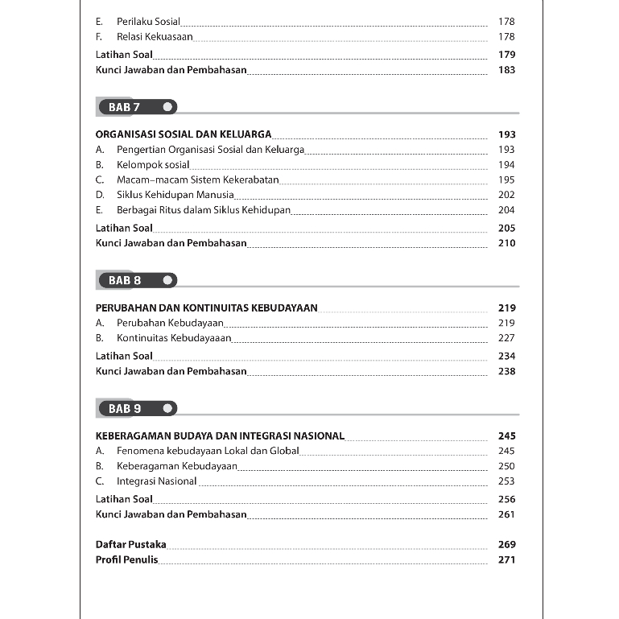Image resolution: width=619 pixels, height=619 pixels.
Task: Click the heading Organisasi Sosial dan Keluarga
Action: [184, 134]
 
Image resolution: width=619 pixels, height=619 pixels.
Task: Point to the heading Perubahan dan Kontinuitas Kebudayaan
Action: [206, 307]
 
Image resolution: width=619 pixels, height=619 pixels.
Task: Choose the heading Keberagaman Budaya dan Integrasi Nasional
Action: [220, 435]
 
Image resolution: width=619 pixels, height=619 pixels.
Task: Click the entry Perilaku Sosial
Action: [148, 22]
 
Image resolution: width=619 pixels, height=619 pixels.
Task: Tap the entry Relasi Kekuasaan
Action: [155, 37]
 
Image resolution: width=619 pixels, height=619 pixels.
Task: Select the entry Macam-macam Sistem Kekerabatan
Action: [197, 180]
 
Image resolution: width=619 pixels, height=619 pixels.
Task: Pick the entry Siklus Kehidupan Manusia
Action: [175, 195]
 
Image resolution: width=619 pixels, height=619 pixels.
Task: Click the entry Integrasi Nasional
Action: [156, 481]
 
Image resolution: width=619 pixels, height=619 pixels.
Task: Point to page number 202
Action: [506, 195]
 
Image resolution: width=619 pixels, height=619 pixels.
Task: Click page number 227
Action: [506, 338]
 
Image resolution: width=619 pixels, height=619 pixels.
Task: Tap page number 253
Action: [506, 481]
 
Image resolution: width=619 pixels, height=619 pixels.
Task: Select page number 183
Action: [506, 70]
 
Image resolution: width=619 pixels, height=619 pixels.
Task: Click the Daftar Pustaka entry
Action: [130, 544]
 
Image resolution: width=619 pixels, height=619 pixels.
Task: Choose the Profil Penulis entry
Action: [126, 559]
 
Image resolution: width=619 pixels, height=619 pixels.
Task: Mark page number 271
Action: [506, 559]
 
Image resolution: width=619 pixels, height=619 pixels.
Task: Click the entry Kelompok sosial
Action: [153, 165]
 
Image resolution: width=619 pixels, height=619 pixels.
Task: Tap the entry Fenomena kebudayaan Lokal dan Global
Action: [208, 451]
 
